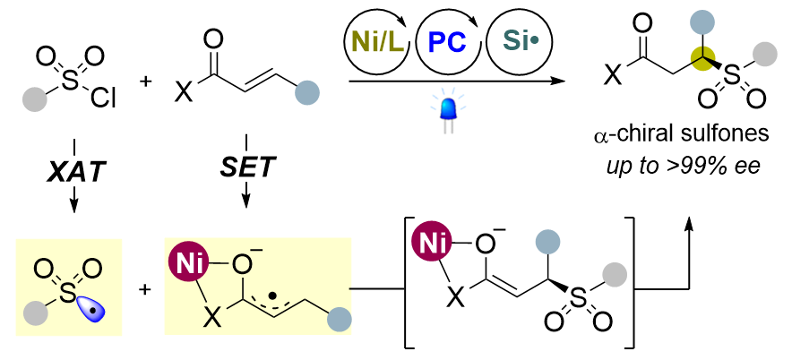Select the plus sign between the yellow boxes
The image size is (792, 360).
(x=146, y=290)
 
